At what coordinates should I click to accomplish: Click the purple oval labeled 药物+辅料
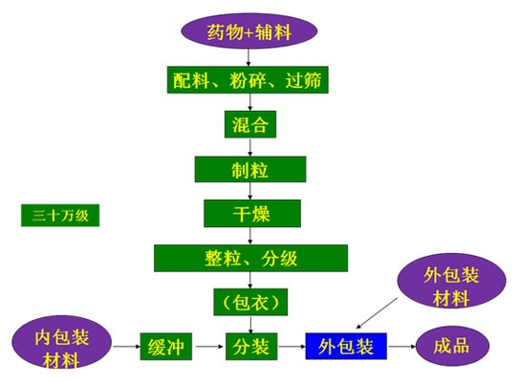249,32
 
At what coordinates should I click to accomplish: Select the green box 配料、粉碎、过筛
248,79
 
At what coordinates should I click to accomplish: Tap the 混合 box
250,124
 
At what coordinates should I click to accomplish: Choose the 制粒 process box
250,169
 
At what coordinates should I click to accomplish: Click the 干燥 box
252,213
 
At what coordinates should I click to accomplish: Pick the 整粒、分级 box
250,258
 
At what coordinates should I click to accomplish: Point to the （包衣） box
250,302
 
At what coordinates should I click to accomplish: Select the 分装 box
251,347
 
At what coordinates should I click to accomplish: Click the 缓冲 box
166,347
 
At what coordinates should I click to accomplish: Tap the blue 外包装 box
346,346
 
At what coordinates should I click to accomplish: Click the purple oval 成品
452,346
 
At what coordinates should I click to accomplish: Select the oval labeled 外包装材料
451,281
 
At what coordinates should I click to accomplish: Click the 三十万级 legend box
60,215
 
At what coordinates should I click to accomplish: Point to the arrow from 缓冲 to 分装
209,347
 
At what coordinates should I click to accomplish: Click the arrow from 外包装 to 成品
402,347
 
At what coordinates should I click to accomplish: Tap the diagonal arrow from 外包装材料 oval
377,313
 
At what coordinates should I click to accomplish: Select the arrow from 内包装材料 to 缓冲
127,347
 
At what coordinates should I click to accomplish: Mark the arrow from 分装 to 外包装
292,347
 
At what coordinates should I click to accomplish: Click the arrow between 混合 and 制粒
250,147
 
